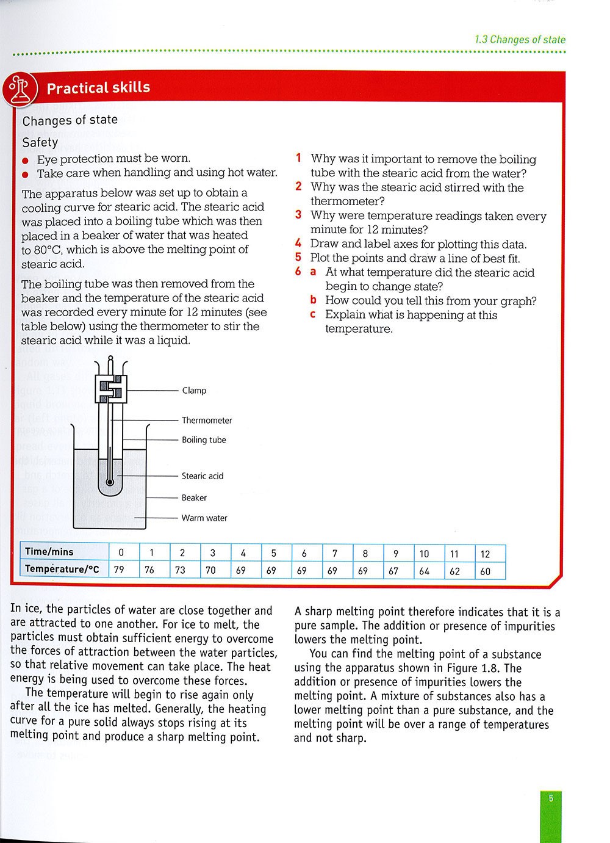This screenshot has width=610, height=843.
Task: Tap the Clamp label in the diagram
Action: click(194, 391)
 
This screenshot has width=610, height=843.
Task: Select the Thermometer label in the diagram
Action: click(207, 421)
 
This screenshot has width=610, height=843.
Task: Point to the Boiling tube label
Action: click(204, 440)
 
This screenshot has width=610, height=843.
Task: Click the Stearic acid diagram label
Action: click(203, 476)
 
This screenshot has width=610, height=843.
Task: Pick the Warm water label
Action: click(204, 518)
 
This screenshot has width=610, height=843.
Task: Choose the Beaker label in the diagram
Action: click(194, 498)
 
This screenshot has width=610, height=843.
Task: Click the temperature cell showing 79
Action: click(119, 571)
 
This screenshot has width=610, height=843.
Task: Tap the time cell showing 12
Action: click(485, 554)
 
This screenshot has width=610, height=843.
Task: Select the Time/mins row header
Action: click(49, 552)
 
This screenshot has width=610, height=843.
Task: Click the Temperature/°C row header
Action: click(62, 570)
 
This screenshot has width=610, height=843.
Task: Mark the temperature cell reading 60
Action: click(485, 571)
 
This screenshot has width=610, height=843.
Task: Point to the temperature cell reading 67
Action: click(393, 571)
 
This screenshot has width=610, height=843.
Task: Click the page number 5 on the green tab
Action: click(551, 799)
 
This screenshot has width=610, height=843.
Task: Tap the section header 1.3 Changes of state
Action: click(520, 40)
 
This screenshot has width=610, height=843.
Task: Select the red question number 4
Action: click(298, 244)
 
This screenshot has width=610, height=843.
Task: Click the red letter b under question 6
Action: click(313, 300)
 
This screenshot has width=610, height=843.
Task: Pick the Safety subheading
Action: click(40, 142)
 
